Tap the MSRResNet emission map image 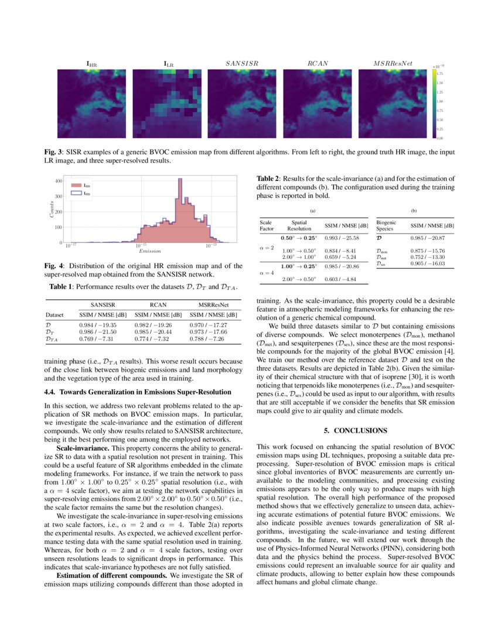pos(394,104)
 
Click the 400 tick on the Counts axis pos(59,181)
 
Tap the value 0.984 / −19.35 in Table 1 pos(98,324)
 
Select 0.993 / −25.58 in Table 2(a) pos(342,238)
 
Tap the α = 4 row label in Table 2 pos(267,272)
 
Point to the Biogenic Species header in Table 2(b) pos(387,226)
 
